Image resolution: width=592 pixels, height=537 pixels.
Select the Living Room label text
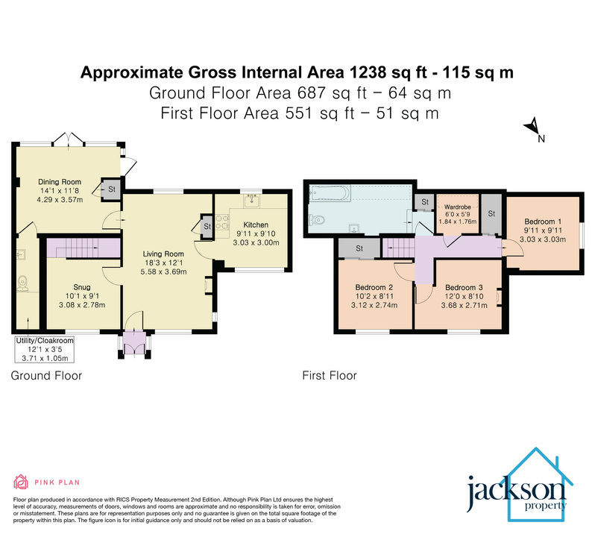(x=163, y=254)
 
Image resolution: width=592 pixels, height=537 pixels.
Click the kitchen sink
(x=253, y=199)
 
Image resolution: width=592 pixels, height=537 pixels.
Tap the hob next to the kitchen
(x=222, y=224)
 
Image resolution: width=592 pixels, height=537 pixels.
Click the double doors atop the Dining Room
(x=68, y=139)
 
